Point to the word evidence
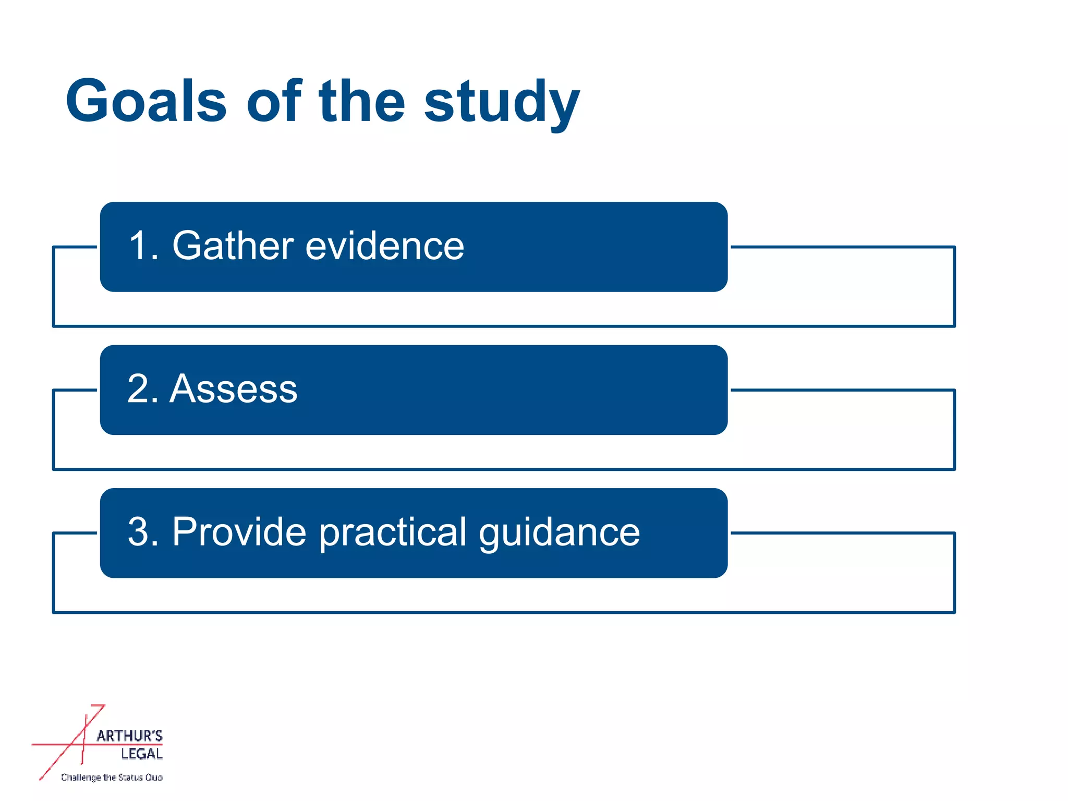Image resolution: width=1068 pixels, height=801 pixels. click(x=384, y=246)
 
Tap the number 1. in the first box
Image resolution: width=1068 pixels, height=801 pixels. click(x=143, y=246)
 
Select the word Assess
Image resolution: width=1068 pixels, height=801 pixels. click(x=233, y=389)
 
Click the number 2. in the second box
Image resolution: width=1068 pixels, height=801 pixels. click(x=142, y=389)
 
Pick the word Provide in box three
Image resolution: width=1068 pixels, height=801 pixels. click(x=239, y=532)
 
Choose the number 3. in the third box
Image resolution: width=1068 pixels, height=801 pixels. click(x=143, y=532)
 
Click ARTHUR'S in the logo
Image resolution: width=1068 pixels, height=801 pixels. click(x=129, y=736)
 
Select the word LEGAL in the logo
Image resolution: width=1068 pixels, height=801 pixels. click(x=141, y=754)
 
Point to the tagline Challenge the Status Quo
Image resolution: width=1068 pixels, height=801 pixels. click(x=112, y=778)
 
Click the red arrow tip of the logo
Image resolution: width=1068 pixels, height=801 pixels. click(x=102, y=707)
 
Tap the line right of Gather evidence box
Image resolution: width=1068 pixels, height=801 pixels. click(x=842, y=247)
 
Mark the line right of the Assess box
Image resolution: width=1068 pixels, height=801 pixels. click(x=842, y=390)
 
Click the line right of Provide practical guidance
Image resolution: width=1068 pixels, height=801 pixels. click(x=842, y=533)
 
